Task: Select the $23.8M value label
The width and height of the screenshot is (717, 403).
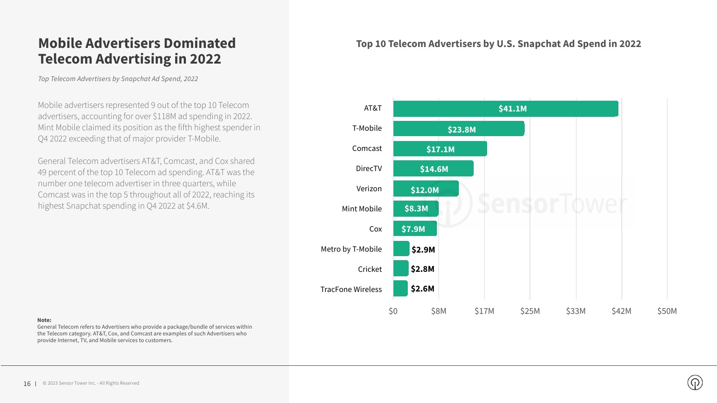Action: [462, 129]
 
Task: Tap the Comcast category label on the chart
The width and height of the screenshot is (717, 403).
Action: [367, 148]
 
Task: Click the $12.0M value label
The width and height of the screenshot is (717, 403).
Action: [425, 190]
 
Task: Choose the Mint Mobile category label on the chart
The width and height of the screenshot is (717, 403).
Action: [362, 209]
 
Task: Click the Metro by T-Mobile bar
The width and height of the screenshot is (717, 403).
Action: [401, 249]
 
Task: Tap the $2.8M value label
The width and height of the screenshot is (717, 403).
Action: [423, 269]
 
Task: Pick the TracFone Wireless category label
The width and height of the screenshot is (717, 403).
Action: [351, 289]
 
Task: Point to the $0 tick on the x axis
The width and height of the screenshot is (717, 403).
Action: [393, 311]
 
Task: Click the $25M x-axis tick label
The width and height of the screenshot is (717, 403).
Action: [530, 311]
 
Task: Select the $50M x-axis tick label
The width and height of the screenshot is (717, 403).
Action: [667, 311]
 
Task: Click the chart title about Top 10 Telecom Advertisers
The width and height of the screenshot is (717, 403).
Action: [498, 44]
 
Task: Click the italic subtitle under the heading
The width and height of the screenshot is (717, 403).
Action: [118, 79]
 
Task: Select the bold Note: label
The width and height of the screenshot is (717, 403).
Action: [44, 320]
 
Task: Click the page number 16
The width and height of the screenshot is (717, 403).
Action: [27, 384]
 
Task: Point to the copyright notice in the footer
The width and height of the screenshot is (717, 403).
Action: [91, 383]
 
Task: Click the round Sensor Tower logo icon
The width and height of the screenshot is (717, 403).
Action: [695, 382]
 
